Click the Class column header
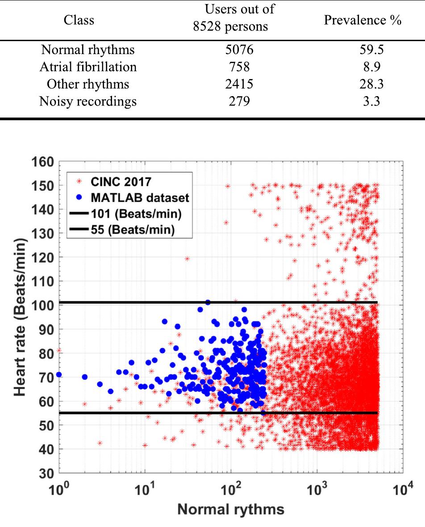click(79, 20)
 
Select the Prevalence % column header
click(362, 20)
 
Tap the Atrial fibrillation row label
click(88, 67)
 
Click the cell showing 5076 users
click(239, 50)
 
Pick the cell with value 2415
click(239, 84)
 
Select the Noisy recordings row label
click(88, 101)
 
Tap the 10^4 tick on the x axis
click(402, 487)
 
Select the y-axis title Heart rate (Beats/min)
click(19, 317)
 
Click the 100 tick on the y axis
click(42, 305)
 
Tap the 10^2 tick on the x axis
click(231, 487)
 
